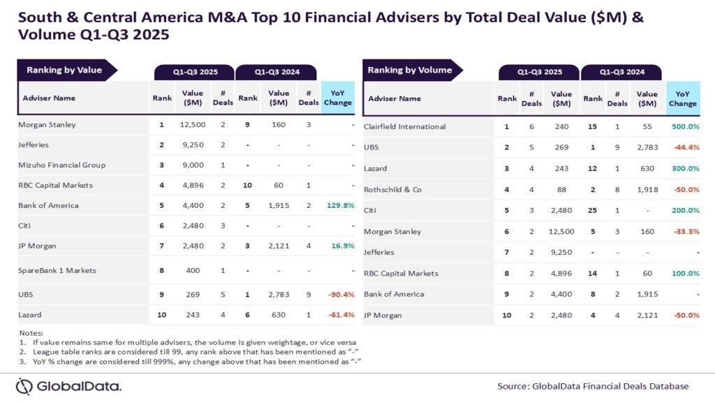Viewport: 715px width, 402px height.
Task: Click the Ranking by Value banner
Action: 64,70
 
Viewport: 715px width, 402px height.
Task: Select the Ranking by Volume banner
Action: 410,70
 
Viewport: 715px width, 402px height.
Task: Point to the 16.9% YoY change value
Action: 341,246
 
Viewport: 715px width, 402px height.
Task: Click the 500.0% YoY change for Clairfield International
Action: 684,126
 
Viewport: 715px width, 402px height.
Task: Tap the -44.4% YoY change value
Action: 684,147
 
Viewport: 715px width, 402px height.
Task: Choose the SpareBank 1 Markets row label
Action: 57,270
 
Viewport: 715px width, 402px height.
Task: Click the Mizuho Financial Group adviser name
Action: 62,165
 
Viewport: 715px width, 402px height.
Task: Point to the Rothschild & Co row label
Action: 392,189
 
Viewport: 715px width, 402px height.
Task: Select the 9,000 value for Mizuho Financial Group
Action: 192,165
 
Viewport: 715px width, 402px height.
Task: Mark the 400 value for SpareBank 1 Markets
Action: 192,270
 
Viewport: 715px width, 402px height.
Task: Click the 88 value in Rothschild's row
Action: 561,189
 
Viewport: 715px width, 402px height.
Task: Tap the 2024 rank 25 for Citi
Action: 592,210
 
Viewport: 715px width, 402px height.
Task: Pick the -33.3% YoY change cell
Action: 684,231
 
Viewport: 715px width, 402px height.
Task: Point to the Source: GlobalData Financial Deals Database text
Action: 593,386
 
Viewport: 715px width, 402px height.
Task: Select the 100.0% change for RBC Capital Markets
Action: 684,273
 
